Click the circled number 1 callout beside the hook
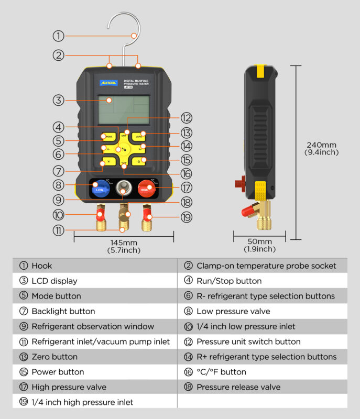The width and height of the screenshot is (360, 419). pos(58,36)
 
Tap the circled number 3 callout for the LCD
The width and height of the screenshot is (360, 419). pos(58,100)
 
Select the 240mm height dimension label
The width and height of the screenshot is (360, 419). pos(322,148)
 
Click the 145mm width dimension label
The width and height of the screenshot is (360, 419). pos(124,246)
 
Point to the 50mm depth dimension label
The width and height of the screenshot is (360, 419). pos(260,245)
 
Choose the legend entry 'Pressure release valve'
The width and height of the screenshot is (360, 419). pos(238,387)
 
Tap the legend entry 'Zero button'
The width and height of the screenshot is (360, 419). pos(54,357)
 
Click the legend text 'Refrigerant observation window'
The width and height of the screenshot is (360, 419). pos(93,326)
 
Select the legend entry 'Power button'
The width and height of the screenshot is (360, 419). pos(57,372)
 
